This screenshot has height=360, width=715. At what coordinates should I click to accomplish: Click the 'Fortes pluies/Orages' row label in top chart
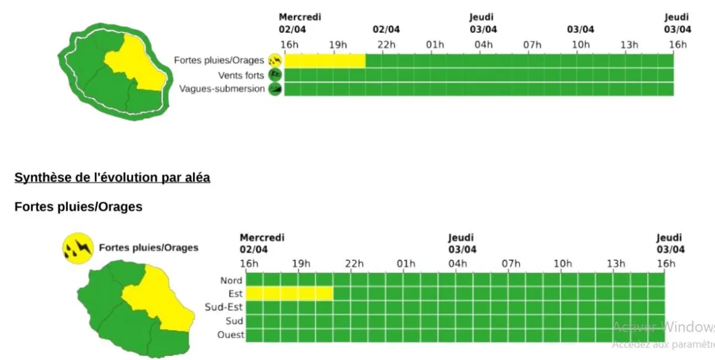[x=219, y=60]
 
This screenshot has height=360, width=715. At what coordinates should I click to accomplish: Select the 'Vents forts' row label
[x=241, y=75]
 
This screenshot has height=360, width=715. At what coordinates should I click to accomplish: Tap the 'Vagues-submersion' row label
[x=222, y=89]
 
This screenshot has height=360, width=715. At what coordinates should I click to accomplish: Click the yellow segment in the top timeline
[x=325, y=60]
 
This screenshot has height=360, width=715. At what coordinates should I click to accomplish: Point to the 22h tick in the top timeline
[x=386, y=45]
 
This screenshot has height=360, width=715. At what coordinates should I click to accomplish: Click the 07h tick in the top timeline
[x=532, y=45]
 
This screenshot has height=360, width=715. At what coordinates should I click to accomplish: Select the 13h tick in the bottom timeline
[x=616, y=264]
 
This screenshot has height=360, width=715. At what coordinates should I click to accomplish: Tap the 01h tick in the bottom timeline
[x=406, y=264]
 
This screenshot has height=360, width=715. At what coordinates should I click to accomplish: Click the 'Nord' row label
[x=231, y=280]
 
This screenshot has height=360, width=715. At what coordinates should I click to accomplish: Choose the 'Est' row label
[x=235, y=294]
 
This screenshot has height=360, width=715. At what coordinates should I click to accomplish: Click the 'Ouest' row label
[x=231, y=335]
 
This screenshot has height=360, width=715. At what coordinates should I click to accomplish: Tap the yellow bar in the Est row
[x=290, y=293]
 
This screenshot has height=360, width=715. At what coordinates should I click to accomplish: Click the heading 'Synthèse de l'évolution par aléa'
[x=112, y=178]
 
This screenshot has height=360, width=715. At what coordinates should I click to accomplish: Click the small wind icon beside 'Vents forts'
[x=275, y=75]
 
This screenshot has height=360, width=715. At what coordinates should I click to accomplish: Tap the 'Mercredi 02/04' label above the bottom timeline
[x=262, y=243]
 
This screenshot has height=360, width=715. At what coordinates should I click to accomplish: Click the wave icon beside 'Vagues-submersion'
[x=275, y=89]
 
